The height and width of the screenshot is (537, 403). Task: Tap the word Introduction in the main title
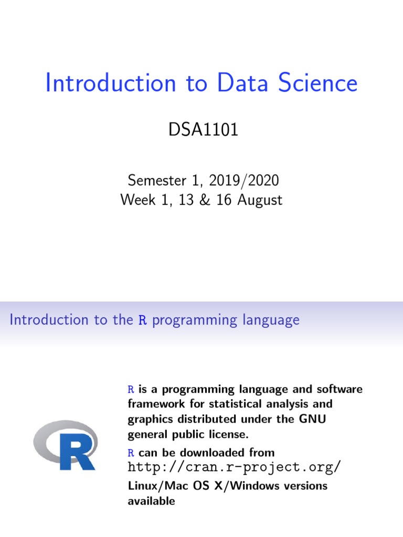point(111,84)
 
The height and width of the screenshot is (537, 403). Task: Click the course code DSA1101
point(203,130)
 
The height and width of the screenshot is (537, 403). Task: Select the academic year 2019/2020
point(249,181)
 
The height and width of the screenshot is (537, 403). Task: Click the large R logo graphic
point(66,445)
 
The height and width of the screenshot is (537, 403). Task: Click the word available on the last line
point(152,501)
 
